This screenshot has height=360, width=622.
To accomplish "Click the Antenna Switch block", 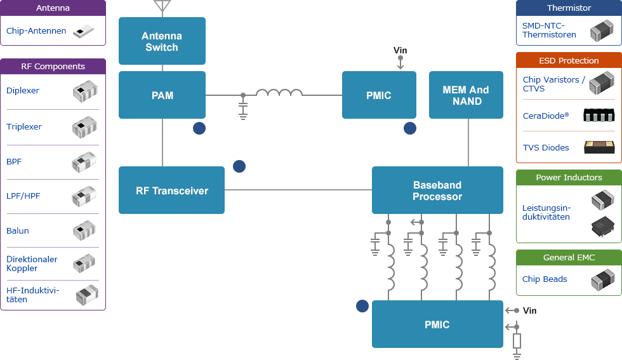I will coord(162,41).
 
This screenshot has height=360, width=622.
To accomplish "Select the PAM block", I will coord(162,95).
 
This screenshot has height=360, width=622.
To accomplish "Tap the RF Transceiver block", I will coord(171,190).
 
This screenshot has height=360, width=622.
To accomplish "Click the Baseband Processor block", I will coord(437,190).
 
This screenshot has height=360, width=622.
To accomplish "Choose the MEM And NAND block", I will coord(466,95).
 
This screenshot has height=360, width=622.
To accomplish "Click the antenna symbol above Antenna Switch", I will coord(162,6).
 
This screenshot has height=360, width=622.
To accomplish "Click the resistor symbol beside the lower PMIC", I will coord(517,341).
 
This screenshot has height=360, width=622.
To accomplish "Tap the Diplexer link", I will coord(23,91).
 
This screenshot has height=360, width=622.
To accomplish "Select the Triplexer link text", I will coord(24,127).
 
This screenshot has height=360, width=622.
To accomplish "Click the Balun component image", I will coord(84,230).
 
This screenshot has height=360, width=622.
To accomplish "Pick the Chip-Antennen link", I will coord(36,31).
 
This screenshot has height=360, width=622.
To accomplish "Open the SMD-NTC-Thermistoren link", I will coord(549,30).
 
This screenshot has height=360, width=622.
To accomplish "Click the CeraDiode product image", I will coord(599,116).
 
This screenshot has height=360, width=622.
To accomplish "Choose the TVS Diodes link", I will coord(546,148).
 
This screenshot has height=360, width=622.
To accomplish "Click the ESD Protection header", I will coord(569,61).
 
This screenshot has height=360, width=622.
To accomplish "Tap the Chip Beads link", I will coord(545,279).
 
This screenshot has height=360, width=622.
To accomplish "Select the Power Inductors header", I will coord(569,178).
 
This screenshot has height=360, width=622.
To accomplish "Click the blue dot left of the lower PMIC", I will coord(362,306).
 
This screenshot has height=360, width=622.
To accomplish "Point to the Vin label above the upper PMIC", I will coord(400,51).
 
